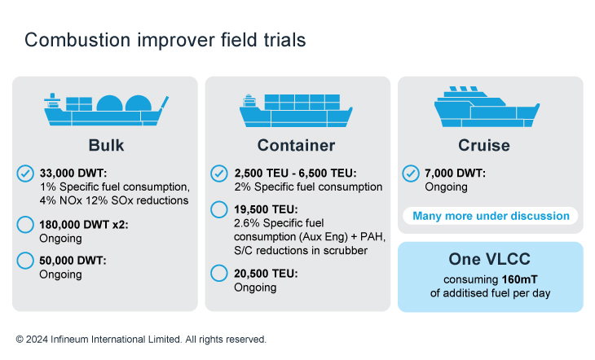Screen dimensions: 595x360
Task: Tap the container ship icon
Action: (x=296, y=110)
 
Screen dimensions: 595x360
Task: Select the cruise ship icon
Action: (x=487, y=107)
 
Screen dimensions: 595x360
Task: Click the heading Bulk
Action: (x=106, y=145)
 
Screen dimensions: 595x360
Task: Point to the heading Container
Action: (x=297, y=145)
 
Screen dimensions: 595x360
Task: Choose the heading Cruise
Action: (x=484, y=145)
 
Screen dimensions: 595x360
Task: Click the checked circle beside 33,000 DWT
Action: (x=25, y=173)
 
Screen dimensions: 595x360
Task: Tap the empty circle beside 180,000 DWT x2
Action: (x=25, y=225)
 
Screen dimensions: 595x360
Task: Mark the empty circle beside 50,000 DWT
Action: (x=25, y=261)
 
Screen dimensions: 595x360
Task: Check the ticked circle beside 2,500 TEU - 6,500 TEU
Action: (x=219, y=173)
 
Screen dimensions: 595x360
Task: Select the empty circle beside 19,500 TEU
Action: (x=219, y=209)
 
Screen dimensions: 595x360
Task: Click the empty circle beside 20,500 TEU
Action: (x=219, y=273)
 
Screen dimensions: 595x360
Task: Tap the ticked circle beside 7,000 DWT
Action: (x=411, y=173)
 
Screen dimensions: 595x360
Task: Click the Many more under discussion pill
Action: (x=491, y=216)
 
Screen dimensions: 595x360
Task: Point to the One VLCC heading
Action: (x=490, y=259)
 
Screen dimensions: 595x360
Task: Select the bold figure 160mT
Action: (x=519, y=279)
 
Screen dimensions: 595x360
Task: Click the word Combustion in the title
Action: (x=77, y=40)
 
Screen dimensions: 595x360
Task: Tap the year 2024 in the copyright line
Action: (x=37, y=339)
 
